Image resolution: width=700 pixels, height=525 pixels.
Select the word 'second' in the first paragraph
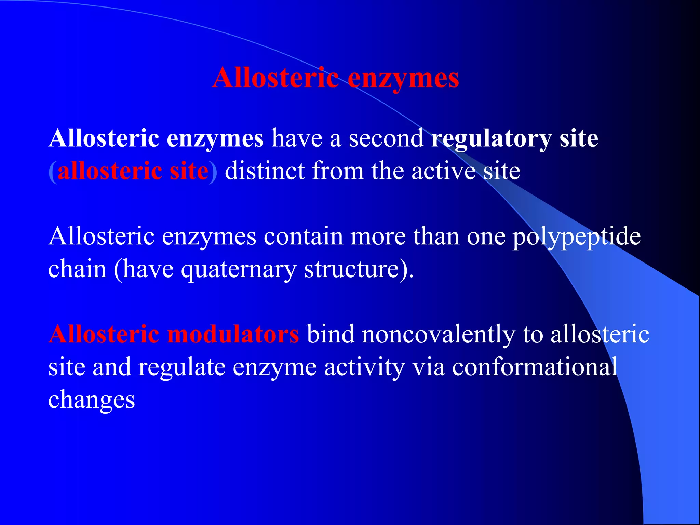pos(386,138)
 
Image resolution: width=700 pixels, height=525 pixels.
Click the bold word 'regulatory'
pos(491,139)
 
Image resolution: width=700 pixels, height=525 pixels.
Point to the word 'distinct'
pos(265,171)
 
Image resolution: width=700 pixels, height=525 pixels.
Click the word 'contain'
pos(303,236)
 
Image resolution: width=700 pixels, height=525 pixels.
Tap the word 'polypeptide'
pos(576,237)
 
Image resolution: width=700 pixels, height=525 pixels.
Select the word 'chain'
pos(78,269)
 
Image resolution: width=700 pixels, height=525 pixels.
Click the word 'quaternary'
pos(238,269)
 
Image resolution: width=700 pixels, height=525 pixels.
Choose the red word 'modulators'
pos(233,334)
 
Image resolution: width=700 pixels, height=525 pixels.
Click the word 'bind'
pos(330,334)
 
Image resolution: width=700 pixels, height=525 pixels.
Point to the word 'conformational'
pos(535,367)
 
